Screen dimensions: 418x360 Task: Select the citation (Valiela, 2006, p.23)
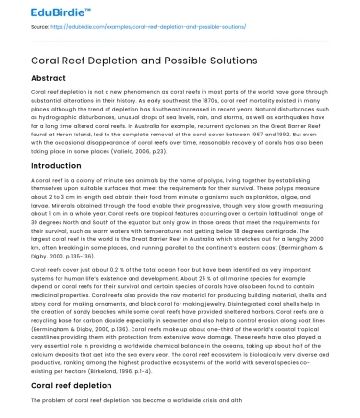tap(202, 152)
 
